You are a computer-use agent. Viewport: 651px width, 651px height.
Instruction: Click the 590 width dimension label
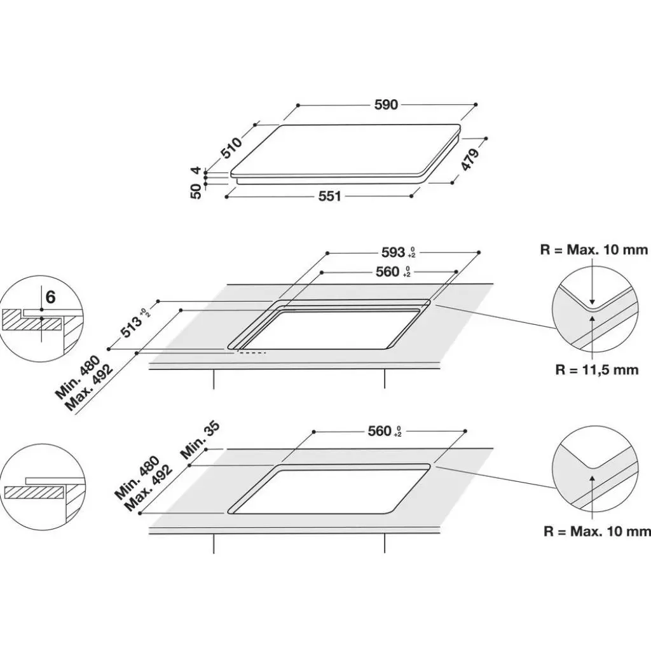click(386, 105)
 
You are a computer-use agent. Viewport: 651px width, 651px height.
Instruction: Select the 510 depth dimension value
click(231, 147)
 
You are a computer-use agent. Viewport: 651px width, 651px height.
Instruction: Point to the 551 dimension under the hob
click(330, 196)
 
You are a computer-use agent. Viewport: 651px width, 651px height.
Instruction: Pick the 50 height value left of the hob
click(196, 189)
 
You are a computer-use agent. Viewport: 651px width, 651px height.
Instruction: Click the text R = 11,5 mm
click(596, 369)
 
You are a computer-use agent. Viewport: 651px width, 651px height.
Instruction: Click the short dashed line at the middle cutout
click(252, 352)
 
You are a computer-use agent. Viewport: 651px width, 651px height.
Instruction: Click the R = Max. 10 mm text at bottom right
click(596, 531)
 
